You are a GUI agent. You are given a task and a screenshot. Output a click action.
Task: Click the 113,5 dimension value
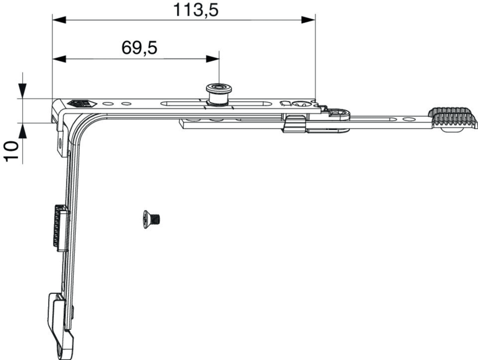point(196,10)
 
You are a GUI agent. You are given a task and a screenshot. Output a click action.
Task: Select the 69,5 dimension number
point(139,48)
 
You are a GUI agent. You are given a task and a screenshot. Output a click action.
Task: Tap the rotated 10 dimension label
point(11,151)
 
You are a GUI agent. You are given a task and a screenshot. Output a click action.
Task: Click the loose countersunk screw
point(151,219)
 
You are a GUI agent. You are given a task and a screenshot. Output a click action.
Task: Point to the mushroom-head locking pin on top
point(219,94)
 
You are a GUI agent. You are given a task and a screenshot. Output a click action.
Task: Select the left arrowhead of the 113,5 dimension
point(59,20)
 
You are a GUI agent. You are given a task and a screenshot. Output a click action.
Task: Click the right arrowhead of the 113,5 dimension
point(308,20)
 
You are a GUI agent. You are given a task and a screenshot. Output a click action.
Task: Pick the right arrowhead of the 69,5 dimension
point(213,59)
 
